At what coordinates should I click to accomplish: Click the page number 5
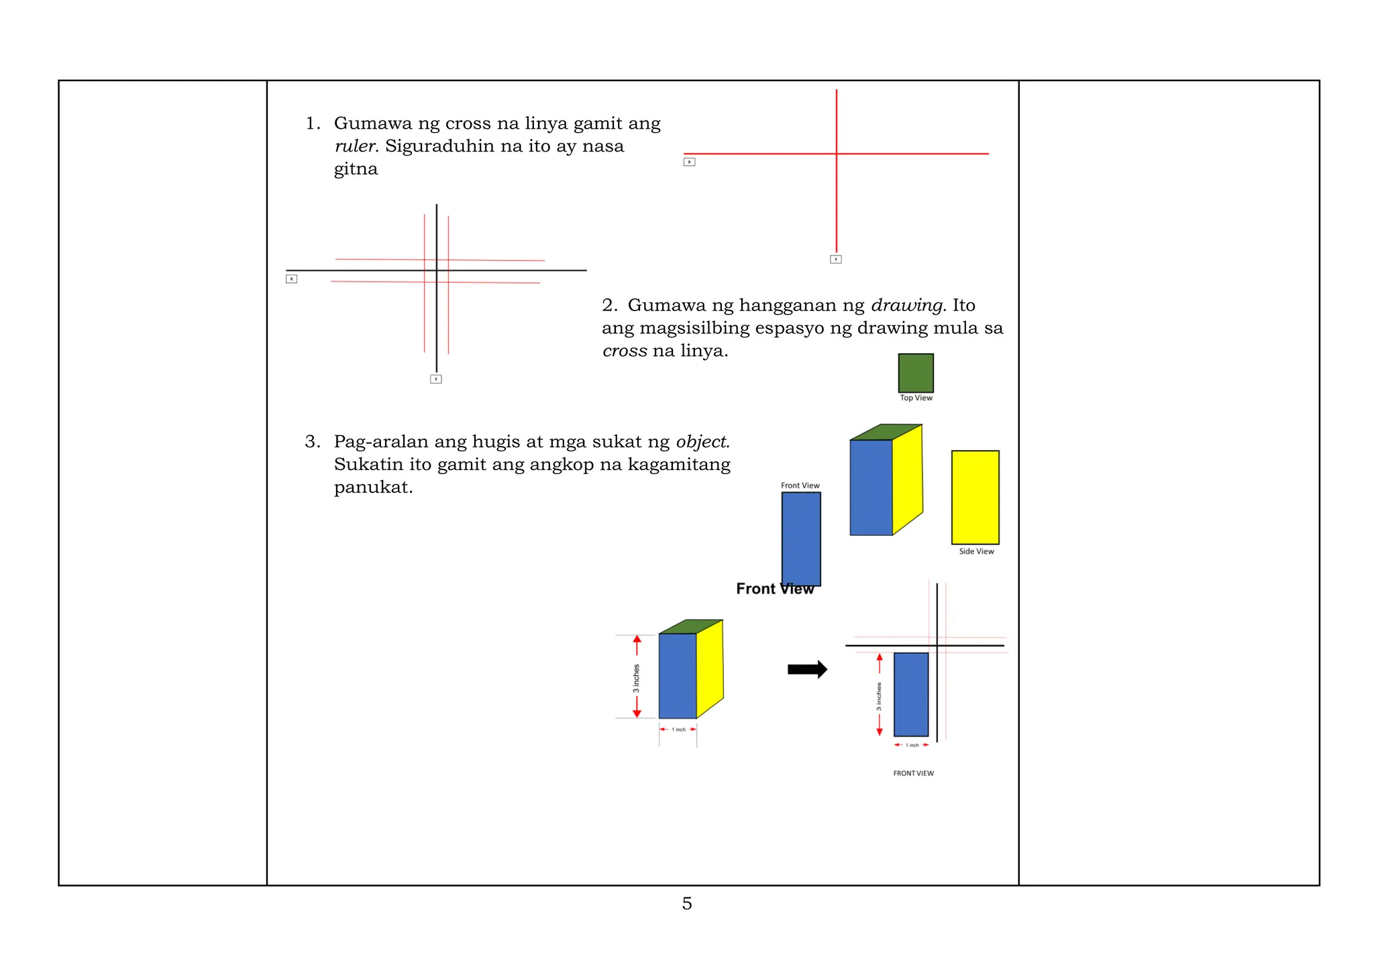[x=686, y=903]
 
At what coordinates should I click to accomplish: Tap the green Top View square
[x=916, y=373]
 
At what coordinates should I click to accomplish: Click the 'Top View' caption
[x=916, y=398]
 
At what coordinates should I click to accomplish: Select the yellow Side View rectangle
[x=975, y=497]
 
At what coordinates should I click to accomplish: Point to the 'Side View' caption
[x=976, y=551]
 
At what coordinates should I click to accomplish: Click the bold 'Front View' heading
[x=774, y=589]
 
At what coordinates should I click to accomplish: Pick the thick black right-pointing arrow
[x=807, y=669]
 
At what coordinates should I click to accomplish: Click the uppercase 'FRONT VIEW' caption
[x=913, y=773]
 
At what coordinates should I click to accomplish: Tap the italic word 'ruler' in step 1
[x=356, y=146]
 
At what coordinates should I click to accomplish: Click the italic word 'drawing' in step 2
[x=908, y=305]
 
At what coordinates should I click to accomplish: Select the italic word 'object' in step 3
[x=702, y=442]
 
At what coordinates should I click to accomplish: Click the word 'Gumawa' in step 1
[x=373, y=123]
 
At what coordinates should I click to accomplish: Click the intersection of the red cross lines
[x=836, y=154]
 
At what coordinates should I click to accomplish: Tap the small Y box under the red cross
[x=835, y=260]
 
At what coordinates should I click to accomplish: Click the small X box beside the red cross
[x=689, y=162]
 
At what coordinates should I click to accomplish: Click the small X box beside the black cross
[x=291, y=279]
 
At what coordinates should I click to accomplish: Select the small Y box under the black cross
[x=435, y=380]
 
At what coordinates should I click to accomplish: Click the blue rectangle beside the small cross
[x=911, y=694]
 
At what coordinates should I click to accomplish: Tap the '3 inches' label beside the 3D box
[x=636, y=678]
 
